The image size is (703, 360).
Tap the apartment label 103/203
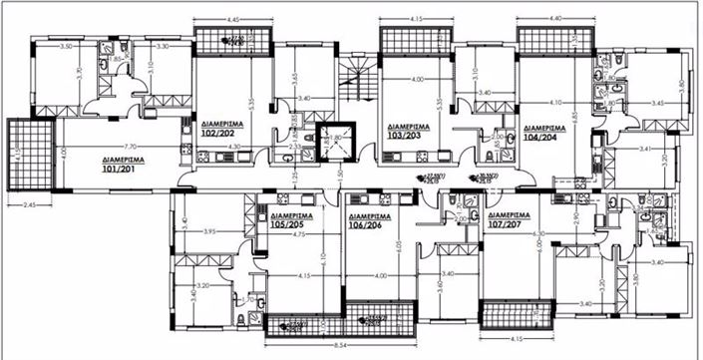point(406,131)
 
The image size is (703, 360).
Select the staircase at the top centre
point(354,75)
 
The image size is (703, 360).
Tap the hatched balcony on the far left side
point(21,157)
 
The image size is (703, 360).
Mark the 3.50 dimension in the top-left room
point(68,47)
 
